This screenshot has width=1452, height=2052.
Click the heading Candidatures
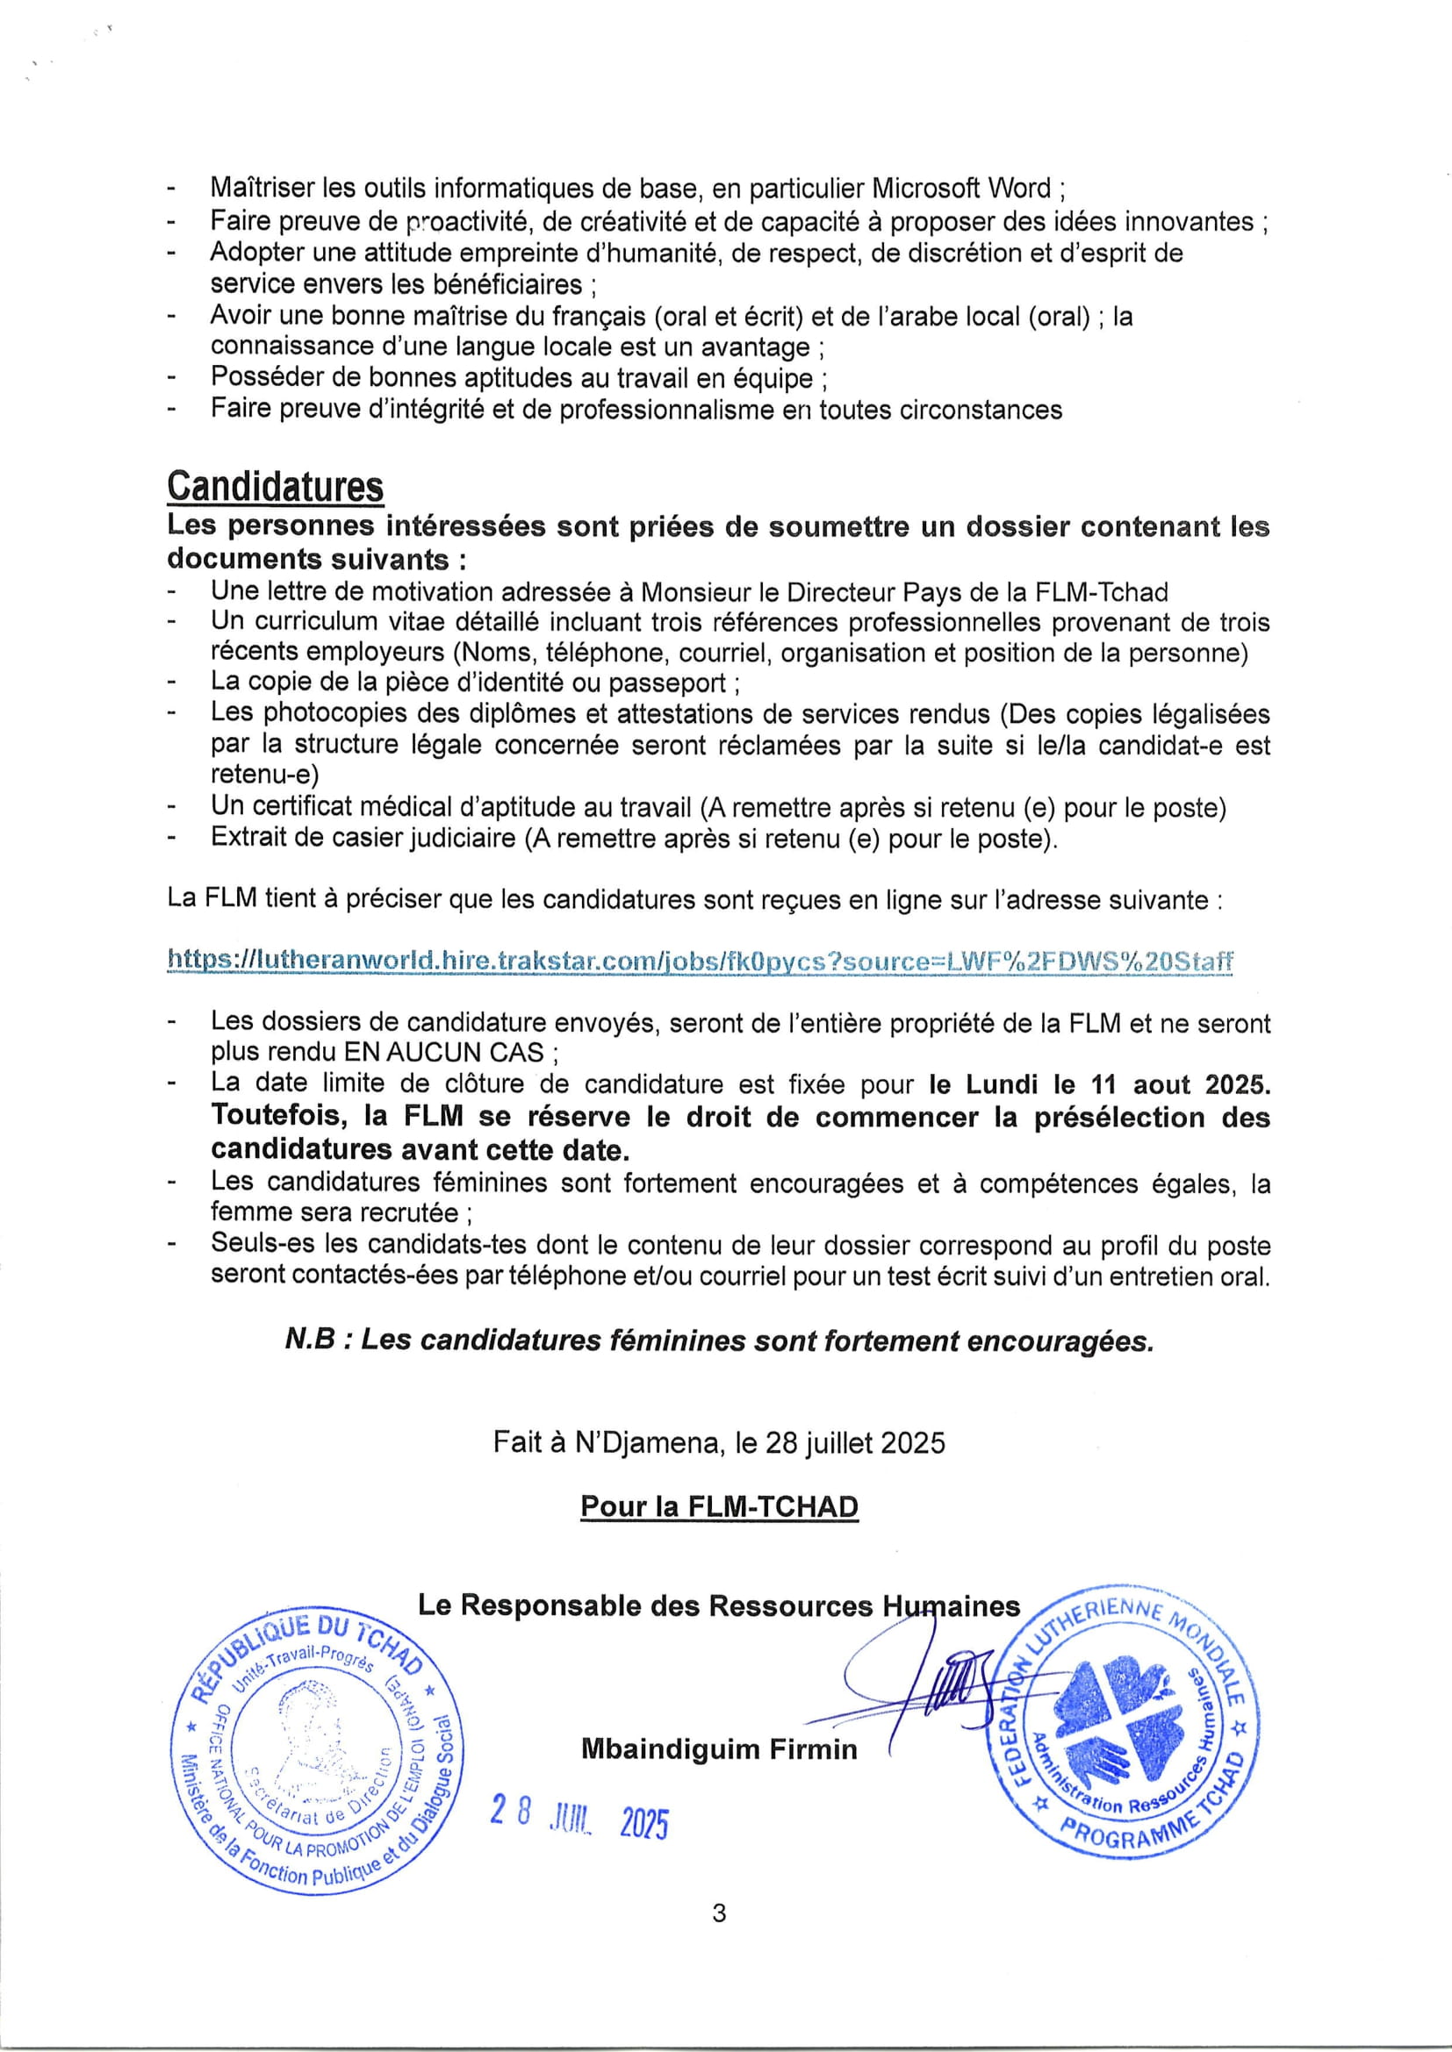click(x=276, y=486)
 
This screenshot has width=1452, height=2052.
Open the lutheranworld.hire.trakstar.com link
click(x=700, y=962)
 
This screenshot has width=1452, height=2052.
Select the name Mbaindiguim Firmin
click(x=719, y=1748)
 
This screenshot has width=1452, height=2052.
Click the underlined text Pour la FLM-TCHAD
click(x=719, y=1507)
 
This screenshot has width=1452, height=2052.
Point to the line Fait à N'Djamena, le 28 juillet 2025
click(x=719, y=1443)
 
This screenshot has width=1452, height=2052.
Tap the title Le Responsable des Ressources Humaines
click(x=719, y=1606)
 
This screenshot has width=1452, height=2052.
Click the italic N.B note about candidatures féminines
click(x=719, y=1341)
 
